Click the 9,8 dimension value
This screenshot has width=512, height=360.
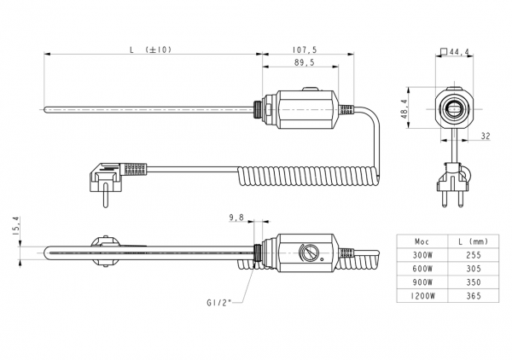[x=238, y=218]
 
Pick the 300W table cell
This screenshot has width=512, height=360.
[x=422, y=254]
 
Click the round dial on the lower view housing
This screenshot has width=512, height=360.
[x=311, y=253]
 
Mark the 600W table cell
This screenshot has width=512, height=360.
[x=422, y=267]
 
